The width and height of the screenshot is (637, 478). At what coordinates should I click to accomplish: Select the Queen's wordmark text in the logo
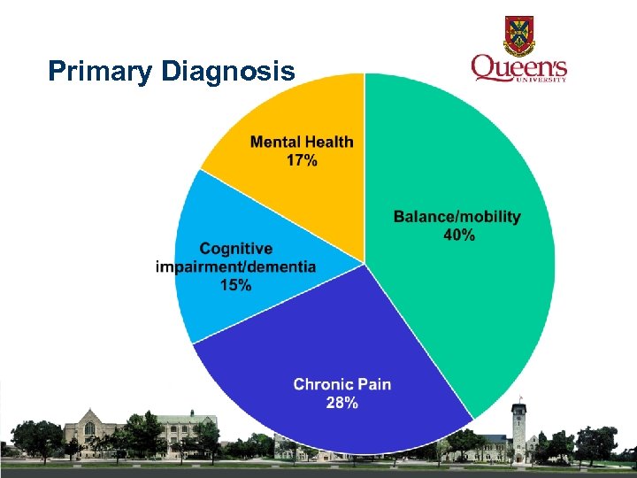click(518, 66)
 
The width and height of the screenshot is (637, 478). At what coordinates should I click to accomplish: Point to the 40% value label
click(457, 235)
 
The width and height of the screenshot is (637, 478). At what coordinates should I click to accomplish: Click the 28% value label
click(342, 403)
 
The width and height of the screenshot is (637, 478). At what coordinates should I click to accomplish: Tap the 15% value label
click(235, 285)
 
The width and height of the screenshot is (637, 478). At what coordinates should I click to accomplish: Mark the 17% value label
click(302, 160)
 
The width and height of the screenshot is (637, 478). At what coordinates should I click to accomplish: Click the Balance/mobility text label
click(457, 216)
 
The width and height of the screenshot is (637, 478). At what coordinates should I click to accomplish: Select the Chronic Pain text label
click(342, 384)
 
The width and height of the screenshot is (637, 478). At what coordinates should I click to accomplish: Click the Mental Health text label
click(302, 142)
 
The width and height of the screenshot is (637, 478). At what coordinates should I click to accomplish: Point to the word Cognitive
click(235, 249)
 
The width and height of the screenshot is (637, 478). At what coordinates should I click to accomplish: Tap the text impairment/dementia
click(235, 267)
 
